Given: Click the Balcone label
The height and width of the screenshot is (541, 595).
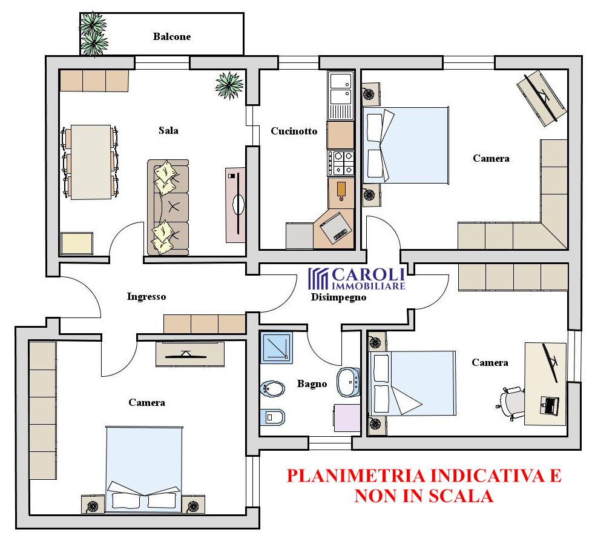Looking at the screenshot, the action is pyautogui.click(x=171, y=36).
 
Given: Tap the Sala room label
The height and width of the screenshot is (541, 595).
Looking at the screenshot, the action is pyautogui.click(x=168, y=130).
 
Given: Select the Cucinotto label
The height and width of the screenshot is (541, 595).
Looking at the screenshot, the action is pyautogui.click(x=294, y=131).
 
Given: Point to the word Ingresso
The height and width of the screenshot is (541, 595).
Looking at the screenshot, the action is pyautogui.click(x=146, y=297).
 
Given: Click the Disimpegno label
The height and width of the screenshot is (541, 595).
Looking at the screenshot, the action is pyautogui.click(x=338, y=297).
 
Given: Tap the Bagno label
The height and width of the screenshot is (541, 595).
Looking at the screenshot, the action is pyautogui.click(x=312, y=383).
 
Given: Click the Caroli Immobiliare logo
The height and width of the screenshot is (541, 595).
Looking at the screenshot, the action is pyautogui.click(x=357, y=279).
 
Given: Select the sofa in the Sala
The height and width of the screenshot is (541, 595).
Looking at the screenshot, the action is pyautogui.click(x=168, y=207).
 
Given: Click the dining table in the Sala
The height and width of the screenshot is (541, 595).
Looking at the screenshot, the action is pyautogui.click(x=91, y=162).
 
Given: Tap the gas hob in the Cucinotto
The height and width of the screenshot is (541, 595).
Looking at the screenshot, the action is pyautogui.click(x=341, y=163).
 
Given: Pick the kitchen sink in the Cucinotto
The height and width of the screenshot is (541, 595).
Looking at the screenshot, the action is pyautogui.click(x=341, y=95).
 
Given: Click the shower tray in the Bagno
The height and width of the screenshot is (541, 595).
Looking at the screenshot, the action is pyautogui.click(x=277, y=347).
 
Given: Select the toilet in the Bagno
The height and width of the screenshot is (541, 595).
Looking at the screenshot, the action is pyautogui.click(x=272, y=417).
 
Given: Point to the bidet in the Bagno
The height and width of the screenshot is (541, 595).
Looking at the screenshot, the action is pyautogui.click(x=272, y=389).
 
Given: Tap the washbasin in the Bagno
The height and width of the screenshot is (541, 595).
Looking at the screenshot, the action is pyautogui.click(x=349, y=382).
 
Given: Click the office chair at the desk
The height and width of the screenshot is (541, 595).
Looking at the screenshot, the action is pyautogui.click(x=511, y=403).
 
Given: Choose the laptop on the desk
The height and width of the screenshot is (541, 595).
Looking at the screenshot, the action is pyautogui.click(x=549, y=405).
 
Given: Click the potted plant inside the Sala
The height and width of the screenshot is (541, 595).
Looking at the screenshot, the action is pyautogui.click(x=229, y=85).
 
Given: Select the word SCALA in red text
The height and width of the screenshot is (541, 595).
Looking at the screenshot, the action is pyautogui.click(x=461, y=496).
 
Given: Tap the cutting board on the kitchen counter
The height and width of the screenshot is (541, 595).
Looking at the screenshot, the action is pyautogui.click(x=341, y=191).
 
